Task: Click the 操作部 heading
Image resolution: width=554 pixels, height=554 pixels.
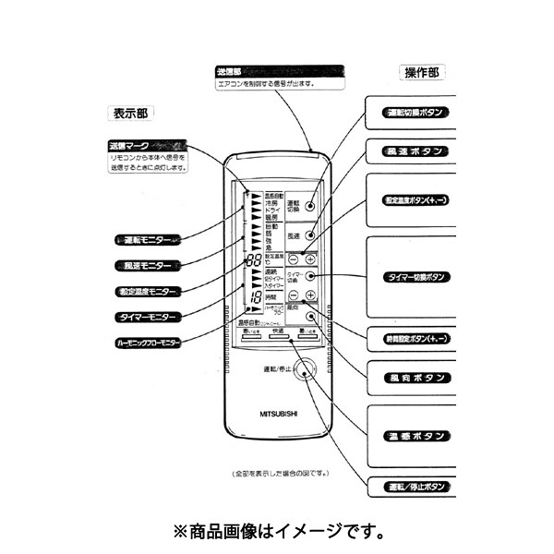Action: [x=421, y=72]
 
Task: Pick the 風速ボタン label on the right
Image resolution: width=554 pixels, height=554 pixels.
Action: [x=414, y=150]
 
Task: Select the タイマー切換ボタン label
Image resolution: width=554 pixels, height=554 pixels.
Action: [x=414, y=276]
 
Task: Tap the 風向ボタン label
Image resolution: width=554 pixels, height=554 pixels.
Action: [x=414, y=379]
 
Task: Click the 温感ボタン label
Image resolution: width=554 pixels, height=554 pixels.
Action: [x=414, y=434]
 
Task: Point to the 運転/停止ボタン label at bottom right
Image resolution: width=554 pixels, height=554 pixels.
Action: [x=414, y=486]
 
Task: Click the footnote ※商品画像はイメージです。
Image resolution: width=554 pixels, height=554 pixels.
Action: [x=278, y=532]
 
